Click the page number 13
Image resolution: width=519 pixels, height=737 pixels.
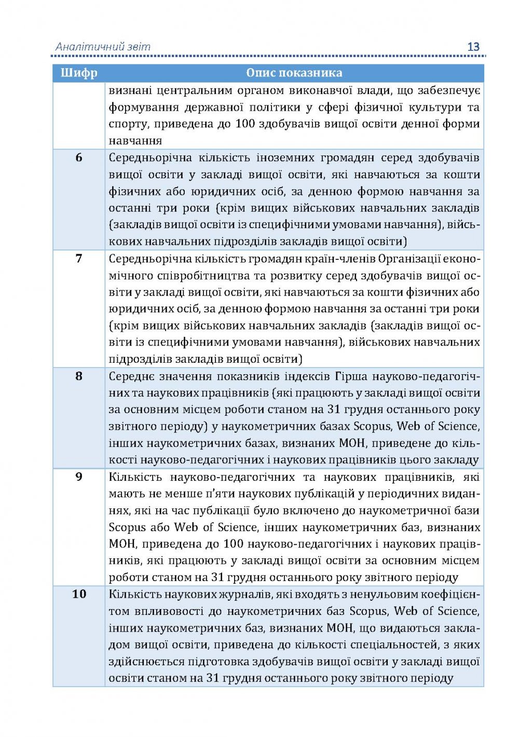[x=473, y=47]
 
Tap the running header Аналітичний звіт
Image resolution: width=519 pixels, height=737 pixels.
[x=103, y=47]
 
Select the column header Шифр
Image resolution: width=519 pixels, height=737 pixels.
[x=79, y=73]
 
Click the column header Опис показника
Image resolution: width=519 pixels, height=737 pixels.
[x=294, y=73]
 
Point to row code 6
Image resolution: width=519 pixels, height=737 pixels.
[x=79, y=157]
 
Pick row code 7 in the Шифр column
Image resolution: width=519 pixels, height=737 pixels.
[x=79, y=258]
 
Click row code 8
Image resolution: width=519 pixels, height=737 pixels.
[x=79, y=376]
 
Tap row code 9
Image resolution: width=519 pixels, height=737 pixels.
[x=79, y=477]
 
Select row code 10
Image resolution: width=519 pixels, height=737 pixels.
[x=79, y=594]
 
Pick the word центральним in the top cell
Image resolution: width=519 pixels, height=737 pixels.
[x=194, y=90]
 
